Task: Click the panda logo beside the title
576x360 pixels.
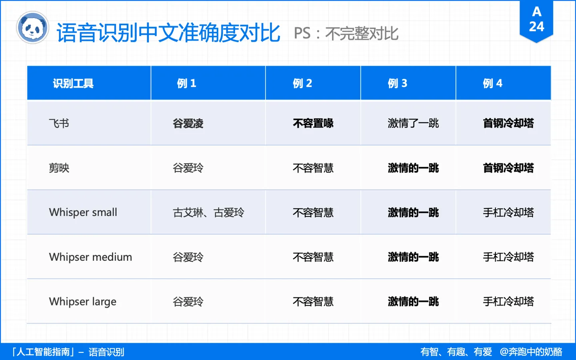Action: click(x=32, y=28)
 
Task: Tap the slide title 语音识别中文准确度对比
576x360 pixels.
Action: click(x=168, y=33)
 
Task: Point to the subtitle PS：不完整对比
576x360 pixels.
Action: click(x=346, y=34)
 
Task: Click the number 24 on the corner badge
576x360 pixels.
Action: click(x=536, y=26)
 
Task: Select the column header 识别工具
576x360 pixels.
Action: click(x=73, y=83)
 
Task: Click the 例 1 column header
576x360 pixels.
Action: click(x=186, y=83)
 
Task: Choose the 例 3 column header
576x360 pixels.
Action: click(x=397, y=83)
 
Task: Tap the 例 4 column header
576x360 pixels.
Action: click(x=492, y=83)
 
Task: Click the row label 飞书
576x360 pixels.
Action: click(x=59, y=123)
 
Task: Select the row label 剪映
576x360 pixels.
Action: click(x=59, y=168)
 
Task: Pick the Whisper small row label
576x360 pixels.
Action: click(x=83, y=212)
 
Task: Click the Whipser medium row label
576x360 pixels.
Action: click(x=90, y=257)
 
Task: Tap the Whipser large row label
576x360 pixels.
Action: click(x=82, y=301)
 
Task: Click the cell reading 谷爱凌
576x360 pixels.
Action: click(x=188, y=123)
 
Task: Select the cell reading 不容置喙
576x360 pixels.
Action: click(x=313, y=123)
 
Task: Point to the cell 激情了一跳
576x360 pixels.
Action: click(x=413, y=123)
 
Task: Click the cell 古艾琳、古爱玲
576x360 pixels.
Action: click(x=208, y=212)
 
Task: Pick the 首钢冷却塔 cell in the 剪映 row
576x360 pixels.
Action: click(x=508, y=168)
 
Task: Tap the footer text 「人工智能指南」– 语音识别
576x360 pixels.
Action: click(x=68, y=352)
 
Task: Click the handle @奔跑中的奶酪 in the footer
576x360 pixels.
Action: click(x=531, y=352)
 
